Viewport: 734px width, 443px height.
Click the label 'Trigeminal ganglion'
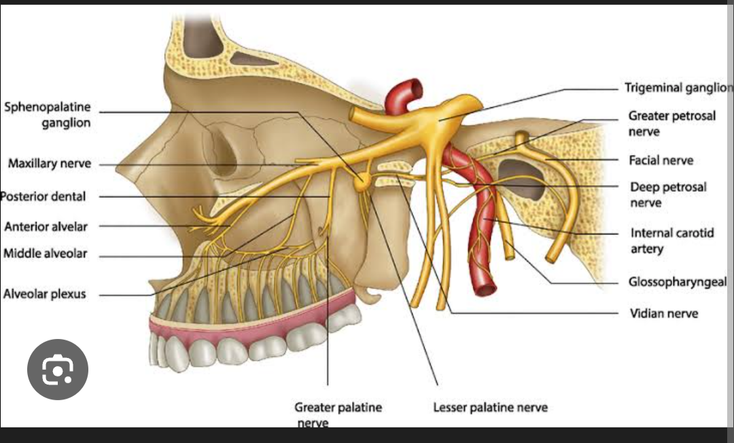pos(678,88)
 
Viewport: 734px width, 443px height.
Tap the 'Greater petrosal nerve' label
pos(671,123)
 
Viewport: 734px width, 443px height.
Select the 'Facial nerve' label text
pos(661,160)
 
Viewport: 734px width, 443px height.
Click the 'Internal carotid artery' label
pos(672,241)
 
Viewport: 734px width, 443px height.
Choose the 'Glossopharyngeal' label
pos(677,282)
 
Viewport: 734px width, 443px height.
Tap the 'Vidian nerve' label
pos(663,313)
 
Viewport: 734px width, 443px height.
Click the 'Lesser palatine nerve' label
pos(490,408)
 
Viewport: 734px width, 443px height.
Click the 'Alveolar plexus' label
pos(45,295)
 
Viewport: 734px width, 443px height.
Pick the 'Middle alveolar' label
pos(46,253)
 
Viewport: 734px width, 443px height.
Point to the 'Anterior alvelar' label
pos(46,226)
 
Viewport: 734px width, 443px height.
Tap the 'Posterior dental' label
pos(43,196)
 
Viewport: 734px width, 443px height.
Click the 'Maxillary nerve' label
pos(50,164)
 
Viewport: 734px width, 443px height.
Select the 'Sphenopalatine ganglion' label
pos(48,116)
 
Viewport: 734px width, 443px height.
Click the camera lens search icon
pos(58,370)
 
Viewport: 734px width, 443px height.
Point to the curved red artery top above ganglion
pos(404,92)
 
